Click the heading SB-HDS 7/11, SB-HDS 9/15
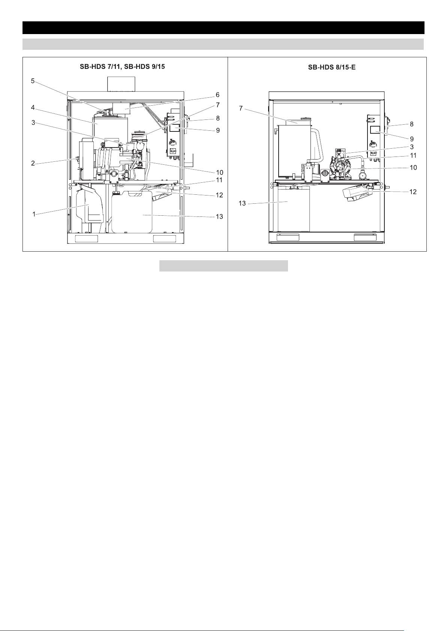pos(122,67)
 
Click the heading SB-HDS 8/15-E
pos(331,67)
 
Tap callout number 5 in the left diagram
pos(33,81)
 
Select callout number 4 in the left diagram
pos(33,107)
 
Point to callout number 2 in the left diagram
pos(33,163)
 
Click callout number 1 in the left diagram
pos(34,214)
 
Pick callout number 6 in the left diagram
pos(217,95)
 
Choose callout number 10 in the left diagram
pos(219,172)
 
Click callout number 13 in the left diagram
pos(219,216)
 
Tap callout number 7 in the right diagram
pos(240,109)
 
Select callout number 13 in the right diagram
pos(242,203)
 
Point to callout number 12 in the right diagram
pos(413,192)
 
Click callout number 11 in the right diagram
pos(413,155)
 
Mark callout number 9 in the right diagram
pos(412,139)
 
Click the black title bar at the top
pos(223,28)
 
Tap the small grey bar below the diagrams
pos(223,266)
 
